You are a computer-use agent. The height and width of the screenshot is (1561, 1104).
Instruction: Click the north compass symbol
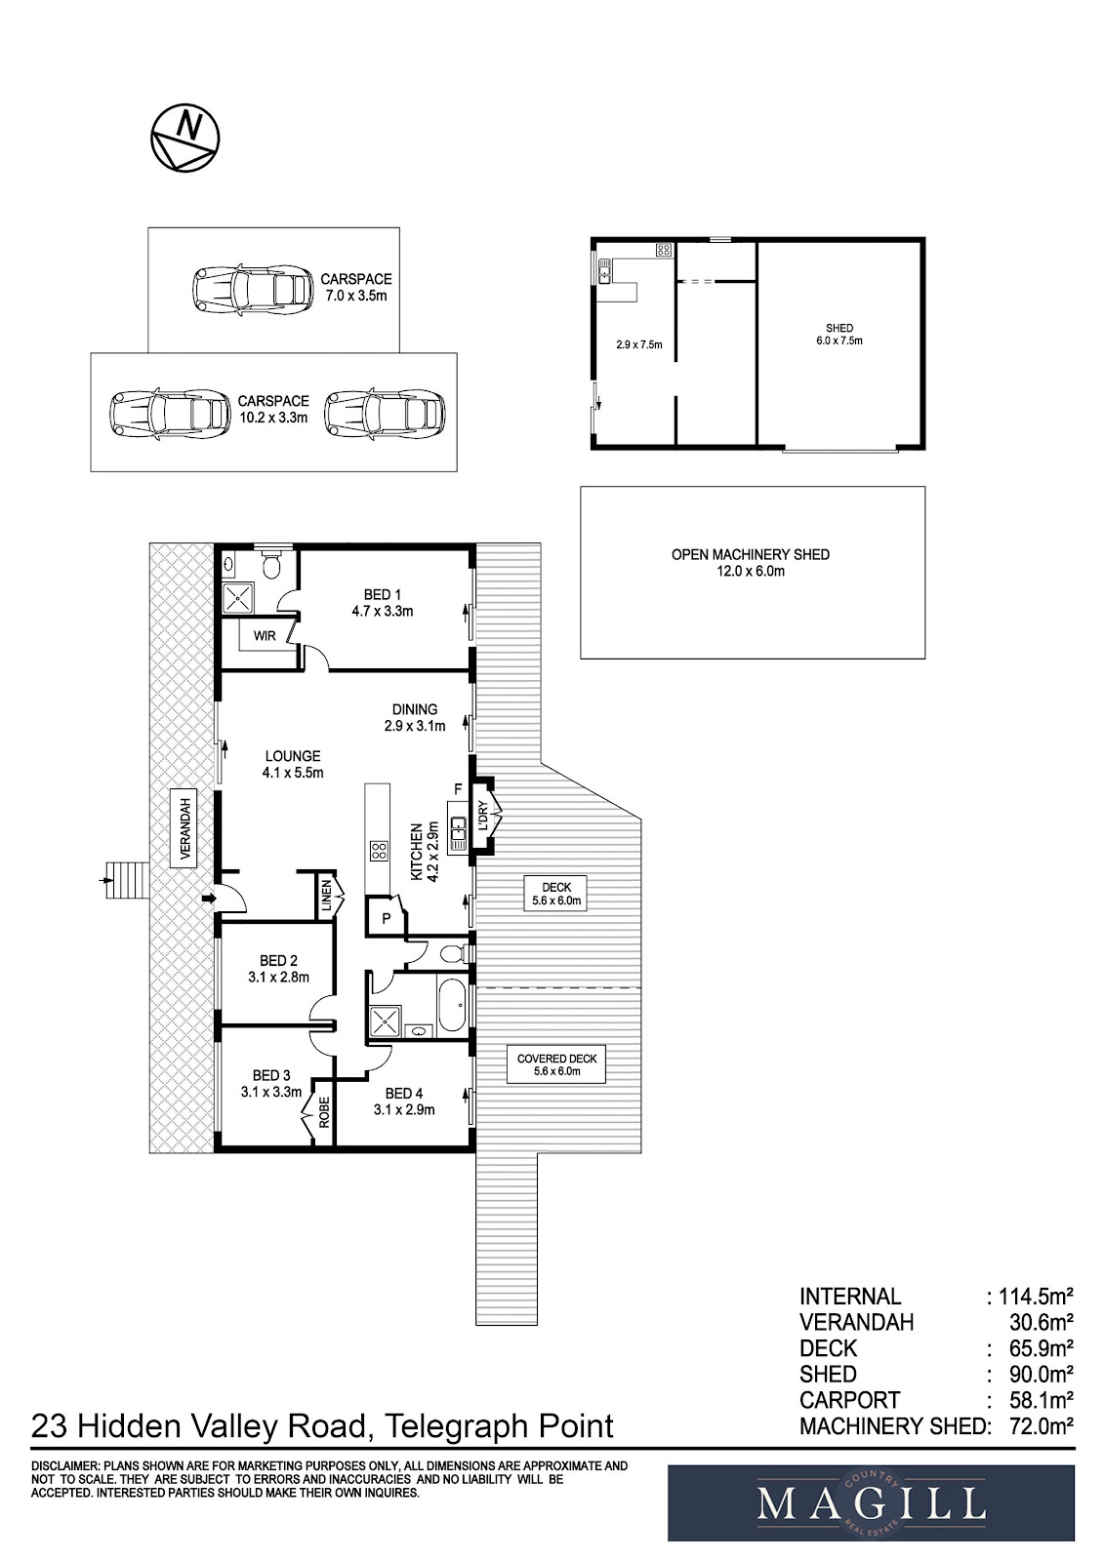[184, 138]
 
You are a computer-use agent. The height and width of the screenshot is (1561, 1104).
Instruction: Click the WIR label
[265, 636]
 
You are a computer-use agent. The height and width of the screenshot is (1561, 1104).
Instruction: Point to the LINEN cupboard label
[327, 896]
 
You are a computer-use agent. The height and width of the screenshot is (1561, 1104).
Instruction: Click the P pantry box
[386, 918]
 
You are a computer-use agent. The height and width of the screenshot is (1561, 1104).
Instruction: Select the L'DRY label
[482, 816]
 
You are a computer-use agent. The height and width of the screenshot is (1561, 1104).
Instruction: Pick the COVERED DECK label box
[557, 1064]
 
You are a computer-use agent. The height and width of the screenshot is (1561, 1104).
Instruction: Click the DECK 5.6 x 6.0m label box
[556, 894]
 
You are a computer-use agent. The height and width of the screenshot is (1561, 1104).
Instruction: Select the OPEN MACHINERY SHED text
[750, 554]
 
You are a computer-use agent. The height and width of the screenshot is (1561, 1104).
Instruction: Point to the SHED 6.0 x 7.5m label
[838, 335]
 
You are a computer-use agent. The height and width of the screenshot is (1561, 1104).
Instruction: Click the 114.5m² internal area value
[1034, 1297]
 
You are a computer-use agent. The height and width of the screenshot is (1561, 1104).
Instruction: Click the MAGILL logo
[871, 1502]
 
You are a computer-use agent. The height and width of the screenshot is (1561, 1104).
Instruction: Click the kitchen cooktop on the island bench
[377, 850]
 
